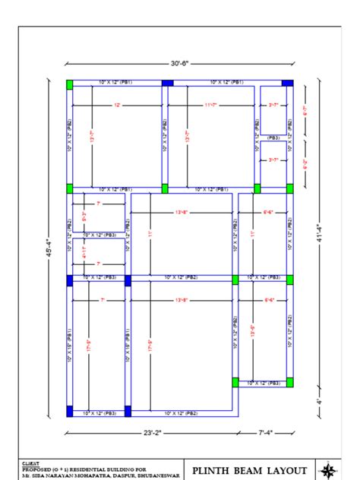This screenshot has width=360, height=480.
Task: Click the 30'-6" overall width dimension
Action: pos(180,63)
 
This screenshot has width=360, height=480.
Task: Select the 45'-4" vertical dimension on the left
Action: pos(50,247)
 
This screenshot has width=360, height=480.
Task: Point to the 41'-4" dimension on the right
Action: pos(320,232)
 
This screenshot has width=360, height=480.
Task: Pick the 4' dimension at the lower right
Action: pos(320,400)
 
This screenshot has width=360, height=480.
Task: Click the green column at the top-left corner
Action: pos(70,83)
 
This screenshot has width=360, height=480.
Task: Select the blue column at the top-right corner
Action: pos(287,83)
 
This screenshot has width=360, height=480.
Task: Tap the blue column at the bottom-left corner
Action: pos(70,411)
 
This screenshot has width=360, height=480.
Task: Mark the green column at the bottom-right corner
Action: pos(289,382)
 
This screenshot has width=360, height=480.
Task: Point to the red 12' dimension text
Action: pos(117,105)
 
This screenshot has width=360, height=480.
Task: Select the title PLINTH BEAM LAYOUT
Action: pos(251,470)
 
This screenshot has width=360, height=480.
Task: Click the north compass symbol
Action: pos(329,469)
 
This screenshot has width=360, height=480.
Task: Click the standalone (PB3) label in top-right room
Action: pos(273,137)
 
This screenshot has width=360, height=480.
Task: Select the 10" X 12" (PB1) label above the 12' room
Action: pos(115,81)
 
